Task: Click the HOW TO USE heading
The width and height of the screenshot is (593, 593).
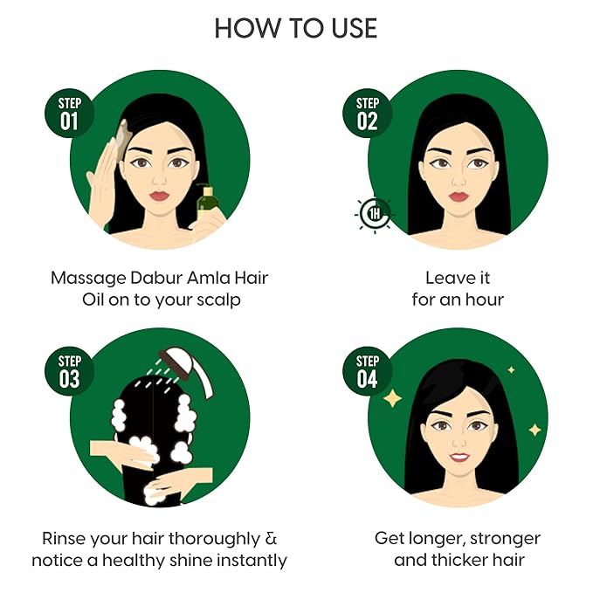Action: [x=296, y=28]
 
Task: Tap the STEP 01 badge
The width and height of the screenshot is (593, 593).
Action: [x=68, y=114]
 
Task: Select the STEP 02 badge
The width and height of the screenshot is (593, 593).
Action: [x=367, y=114]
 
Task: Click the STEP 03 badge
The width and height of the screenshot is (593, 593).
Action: [x=68, y=371]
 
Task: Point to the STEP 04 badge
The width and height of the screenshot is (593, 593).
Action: [x=367, y=371]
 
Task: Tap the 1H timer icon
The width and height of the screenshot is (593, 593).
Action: [x=374, y=214]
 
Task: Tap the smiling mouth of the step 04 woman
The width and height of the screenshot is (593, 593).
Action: [x=458, y=456]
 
